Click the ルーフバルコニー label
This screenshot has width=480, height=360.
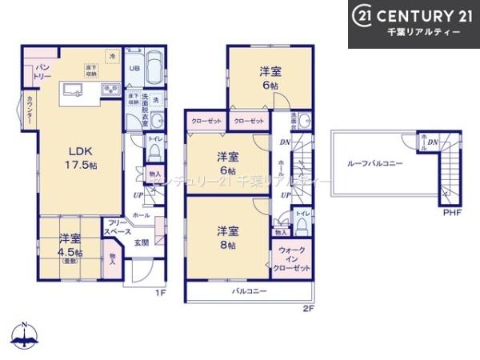374,163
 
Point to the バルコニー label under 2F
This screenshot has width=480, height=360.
250,292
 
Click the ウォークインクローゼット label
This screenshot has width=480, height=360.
292,259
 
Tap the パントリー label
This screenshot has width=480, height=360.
42,72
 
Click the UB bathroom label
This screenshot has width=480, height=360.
135,68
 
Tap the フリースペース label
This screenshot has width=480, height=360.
117,228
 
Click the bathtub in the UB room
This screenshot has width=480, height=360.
154,67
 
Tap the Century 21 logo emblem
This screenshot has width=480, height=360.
360,15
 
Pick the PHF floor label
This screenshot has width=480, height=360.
452,212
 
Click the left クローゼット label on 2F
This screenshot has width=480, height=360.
206,121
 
